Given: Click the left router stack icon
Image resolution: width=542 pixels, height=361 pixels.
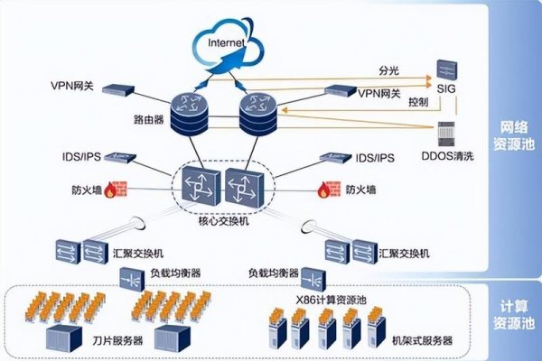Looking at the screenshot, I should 191,113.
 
